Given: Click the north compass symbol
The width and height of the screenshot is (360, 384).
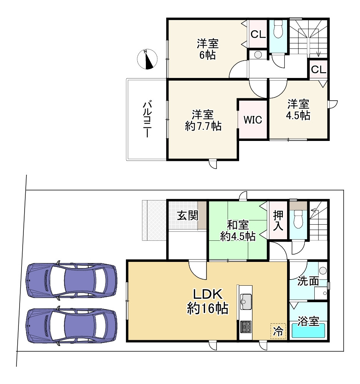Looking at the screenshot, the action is click(147, 59).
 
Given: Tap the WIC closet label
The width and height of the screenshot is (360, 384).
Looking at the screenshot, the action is click(253, 120).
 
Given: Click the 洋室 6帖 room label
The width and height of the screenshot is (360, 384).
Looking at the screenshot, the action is click(208, 49).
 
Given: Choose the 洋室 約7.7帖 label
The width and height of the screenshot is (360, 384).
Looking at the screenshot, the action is click(203, 121).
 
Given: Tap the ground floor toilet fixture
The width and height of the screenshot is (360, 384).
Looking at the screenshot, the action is click(298, 219).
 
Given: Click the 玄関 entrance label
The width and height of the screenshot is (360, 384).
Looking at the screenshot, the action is click(188, 216).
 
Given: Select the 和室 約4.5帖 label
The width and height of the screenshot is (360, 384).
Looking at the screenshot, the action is click(238, 230).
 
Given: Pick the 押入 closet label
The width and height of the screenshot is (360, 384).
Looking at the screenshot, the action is click(278, 220).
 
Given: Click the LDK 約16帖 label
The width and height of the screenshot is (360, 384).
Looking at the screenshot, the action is click(208, 301).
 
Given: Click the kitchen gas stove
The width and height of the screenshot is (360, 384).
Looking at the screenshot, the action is click(246, 326).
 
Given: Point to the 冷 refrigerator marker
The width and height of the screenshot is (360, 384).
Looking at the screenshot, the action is click(278, 331).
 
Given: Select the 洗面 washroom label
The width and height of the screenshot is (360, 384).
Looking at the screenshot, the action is click(308, 281).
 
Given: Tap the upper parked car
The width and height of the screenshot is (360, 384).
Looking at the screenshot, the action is click(72, 280).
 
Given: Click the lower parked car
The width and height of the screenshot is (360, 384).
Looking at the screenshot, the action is click(72, 326).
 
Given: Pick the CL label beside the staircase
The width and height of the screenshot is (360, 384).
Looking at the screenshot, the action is click(319, 70).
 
